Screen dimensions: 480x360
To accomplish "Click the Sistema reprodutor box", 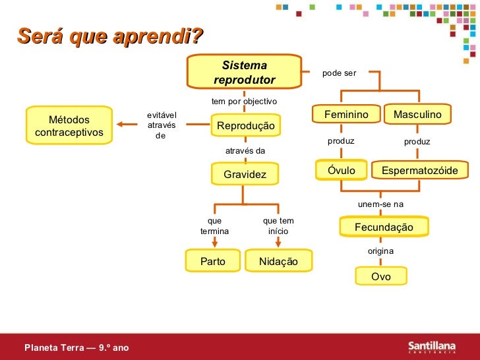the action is coord(244,73).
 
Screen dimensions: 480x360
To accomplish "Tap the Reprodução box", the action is coord(245,125).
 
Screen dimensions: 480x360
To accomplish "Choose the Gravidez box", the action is coord(245,175).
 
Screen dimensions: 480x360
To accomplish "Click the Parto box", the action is coord(212,262).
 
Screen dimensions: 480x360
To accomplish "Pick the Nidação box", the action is coord(278,262).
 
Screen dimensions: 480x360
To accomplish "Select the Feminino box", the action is coord(346,115).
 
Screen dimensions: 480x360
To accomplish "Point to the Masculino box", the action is coord(417,115).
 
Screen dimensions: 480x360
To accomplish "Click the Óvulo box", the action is coord(341,171).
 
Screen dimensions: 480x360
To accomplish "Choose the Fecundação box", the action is coord(384,227).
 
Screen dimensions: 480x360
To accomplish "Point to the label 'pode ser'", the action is coord(339,73).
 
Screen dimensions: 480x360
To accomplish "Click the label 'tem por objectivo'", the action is coord(244,102).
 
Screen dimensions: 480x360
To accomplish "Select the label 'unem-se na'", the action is coord(380,204).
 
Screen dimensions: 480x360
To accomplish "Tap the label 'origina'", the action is coord(380,251).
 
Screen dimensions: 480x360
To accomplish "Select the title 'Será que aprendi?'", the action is coord(110,38).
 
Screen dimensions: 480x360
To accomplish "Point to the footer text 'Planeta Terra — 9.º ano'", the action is coord(73,346).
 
